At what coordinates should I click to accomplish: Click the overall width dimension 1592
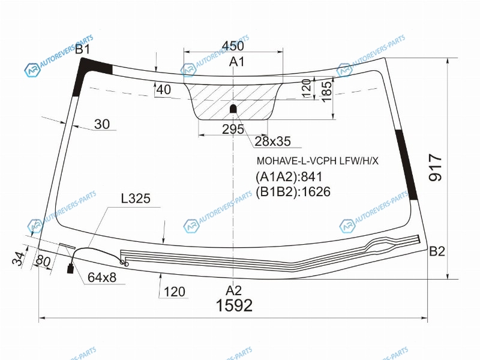tap(234, 305)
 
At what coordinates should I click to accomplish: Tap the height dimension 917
tap(436, 168)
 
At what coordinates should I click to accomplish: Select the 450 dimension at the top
tap(233, 46)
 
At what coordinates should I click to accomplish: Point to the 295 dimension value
tap(233, 130)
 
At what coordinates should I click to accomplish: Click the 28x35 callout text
tap(273, 142)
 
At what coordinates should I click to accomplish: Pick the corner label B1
tap(82, 49)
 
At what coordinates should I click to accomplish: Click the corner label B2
tap(437, 251)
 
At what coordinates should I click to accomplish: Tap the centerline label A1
tap(236, 62)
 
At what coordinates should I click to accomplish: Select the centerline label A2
tap(234, 290)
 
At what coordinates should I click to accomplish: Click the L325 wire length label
tap(136, 199)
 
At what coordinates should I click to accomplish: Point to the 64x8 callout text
tap(102, 278)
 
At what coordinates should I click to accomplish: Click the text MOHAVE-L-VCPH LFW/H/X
tap(317, 161)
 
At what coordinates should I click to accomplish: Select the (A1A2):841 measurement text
tap(289, 177)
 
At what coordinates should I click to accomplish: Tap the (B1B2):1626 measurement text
tap(293, 192)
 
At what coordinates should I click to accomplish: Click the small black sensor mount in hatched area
tap(233, 109)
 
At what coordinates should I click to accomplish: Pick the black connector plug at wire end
tap(71, 269)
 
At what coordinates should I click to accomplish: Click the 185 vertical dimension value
tap(326, 91)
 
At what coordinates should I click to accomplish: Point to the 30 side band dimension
tap(101, 124)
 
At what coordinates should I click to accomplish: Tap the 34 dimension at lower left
tap(19, 259)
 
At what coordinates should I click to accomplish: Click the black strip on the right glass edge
tap(406, 164)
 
